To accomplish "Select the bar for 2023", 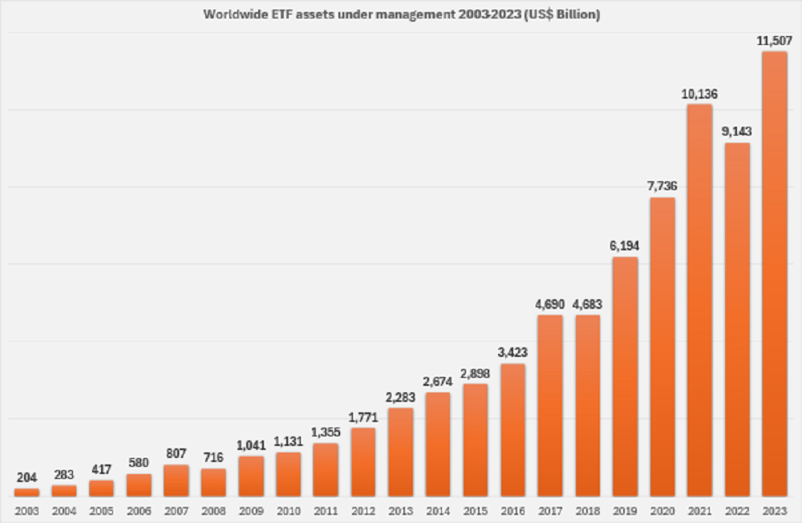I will point(774,273).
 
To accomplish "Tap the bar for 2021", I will point(699,300).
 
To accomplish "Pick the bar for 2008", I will point(213,482).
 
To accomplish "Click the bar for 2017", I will point(550,405).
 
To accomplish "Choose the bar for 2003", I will point(26,492).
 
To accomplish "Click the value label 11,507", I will point(774,39).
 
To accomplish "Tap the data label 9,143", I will point(737,131).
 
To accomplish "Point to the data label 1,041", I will point(251,444).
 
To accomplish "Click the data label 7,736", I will point(662,185).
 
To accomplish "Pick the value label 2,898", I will point(476,372).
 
